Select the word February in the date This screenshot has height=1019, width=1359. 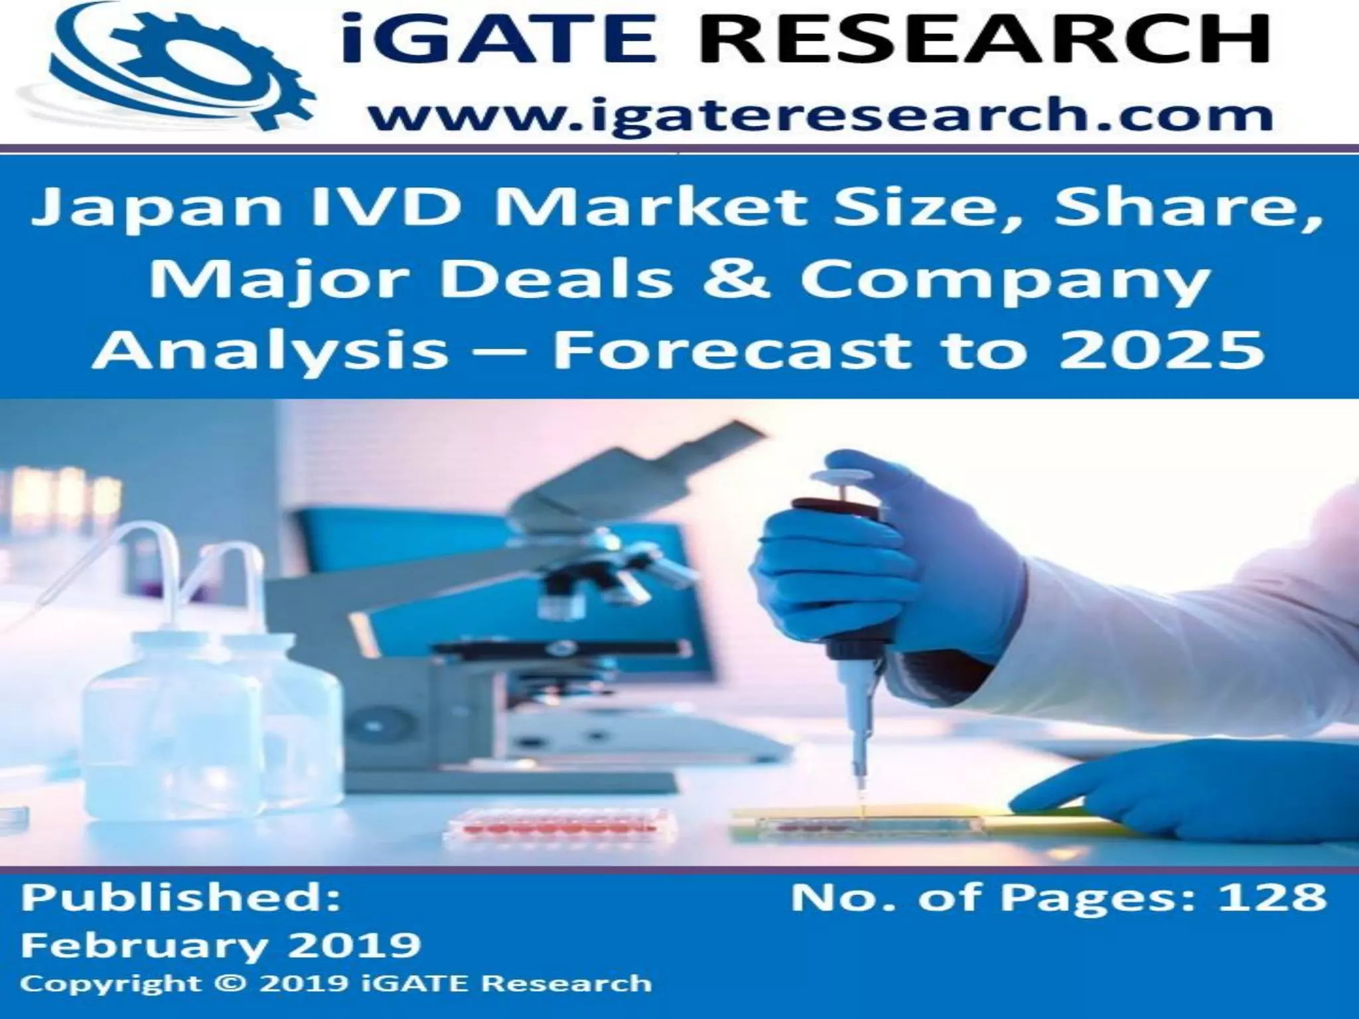click(x=133, y=945)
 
